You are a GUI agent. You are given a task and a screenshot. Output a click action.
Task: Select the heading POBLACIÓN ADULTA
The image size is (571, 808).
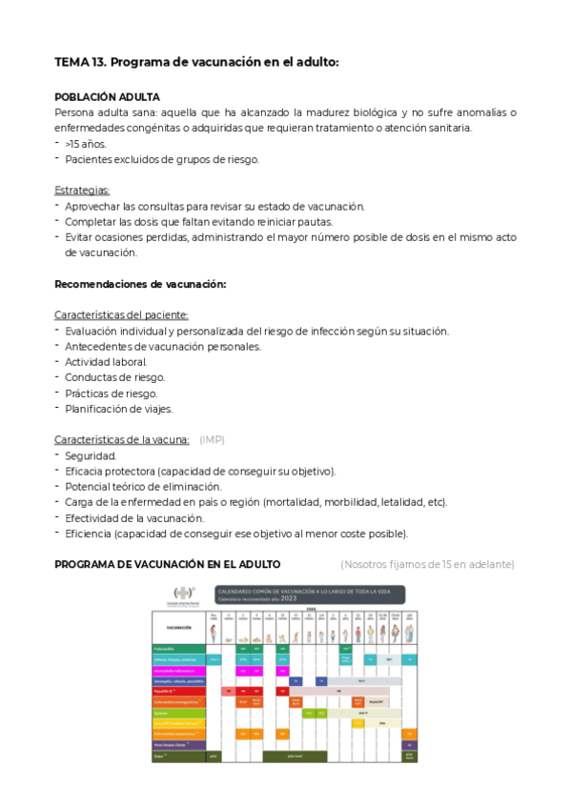pyautogui.click(x=107, y=97)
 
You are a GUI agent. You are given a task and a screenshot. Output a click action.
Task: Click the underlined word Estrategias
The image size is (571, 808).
pyautogui.click(x=82, y=191)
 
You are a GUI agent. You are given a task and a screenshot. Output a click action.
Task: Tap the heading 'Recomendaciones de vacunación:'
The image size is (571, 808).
pyautogui.click(x=140, y=284)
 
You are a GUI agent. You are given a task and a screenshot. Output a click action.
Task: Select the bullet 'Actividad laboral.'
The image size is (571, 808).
pyautogui.click(x=106, y=362)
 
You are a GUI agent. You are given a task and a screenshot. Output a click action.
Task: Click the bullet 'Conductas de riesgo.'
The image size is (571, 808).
pyautogui.click(x=114, y=377)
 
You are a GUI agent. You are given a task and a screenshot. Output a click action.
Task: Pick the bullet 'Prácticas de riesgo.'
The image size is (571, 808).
pyautogui.click(x=111, y=394)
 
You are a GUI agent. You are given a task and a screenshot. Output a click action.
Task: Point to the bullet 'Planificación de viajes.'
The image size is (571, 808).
pyautogui.click(x=118, y=409)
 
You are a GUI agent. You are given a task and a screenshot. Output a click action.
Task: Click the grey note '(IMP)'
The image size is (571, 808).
pyautogui.click(x=212, y=440)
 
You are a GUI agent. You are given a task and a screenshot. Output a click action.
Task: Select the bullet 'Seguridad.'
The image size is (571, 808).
pyautogui.click(x=91, y=455)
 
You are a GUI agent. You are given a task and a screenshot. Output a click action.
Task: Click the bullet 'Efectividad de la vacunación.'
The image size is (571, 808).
pyautogui.click(x=136, y=518)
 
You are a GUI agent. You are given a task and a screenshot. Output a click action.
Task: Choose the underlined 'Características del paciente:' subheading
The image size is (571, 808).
pyautogui.click(x=121, y=315)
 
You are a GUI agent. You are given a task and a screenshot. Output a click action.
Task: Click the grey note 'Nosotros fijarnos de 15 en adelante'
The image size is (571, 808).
pyautogui.click(x=427, y=565)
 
